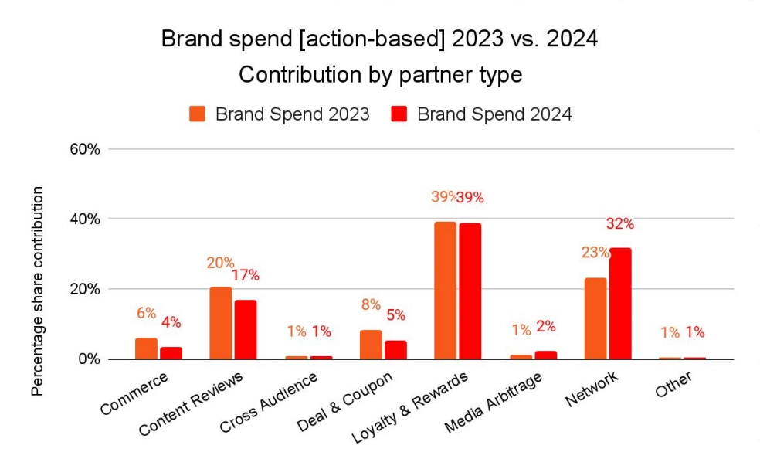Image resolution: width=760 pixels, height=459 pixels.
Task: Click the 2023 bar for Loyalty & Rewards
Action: pyautogui.click(x=445, y=291)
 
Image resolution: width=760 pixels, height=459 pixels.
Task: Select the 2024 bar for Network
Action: pyautogui.click(x=619, y=304)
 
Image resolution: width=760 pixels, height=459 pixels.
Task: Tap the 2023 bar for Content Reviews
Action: pyautogui.click(x=220, y=323)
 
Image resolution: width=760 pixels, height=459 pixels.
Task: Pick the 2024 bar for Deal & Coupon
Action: pyautogui.click(x=395, y=350)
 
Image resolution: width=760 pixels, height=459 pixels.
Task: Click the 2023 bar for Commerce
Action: pyautogui.click(x=146, y=348)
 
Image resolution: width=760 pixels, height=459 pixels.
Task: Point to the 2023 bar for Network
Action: pyautogui.click(x=595, y=318)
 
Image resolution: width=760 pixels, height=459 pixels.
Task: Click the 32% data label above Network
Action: pyautogui.click(x=619, y=224)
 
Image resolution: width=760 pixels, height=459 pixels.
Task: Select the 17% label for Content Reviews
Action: pyautogui.click(x=245, y=275)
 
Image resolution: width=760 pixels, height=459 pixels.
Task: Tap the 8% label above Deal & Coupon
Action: pyautogui.click(x=371, y=304)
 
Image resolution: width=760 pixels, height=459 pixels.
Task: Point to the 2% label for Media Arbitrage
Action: pyautogui.click(x=545, y=327)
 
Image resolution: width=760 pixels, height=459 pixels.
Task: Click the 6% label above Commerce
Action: pyautogui.click(x=146, y=313)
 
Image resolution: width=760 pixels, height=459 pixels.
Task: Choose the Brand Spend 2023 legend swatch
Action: pyautogui.click(x=198, y=114)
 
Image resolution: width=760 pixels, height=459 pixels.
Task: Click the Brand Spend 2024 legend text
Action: pyautogui.click(x=494, y=114)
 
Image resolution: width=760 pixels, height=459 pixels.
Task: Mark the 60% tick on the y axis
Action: pyautogui.click(x=84, y=149)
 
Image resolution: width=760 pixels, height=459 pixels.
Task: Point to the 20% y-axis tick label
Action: pyautogui.click(x=84, y=289)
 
